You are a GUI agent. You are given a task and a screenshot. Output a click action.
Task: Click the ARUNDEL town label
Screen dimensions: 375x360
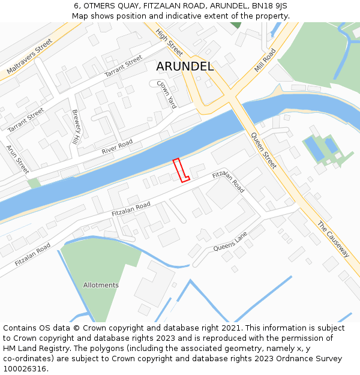(x=185, y=67)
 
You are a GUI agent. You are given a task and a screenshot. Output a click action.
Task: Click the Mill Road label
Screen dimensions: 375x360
(x=265, y=61)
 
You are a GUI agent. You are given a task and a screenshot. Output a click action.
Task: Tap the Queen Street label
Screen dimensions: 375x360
(x=264, y=150)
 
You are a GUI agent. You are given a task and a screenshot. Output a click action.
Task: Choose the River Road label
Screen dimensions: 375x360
(x=117, y=146)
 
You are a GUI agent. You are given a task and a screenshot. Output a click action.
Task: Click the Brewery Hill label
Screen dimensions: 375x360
(x=76, y=127)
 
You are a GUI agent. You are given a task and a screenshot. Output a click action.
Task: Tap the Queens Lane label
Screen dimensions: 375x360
(x=230, y=242)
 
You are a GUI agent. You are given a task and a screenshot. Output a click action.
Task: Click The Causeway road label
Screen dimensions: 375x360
(x=333, y=239)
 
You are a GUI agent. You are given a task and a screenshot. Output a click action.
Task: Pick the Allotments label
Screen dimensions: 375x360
(x=101, y=285)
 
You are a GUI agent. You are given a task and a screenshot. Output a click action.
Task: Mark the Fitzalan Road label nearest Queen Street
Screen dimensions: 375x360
(x=229, y=182)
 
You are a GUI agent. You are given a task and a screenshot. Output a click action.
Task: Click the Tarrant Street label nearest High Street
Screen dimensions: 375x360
(x=124, y=66)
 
